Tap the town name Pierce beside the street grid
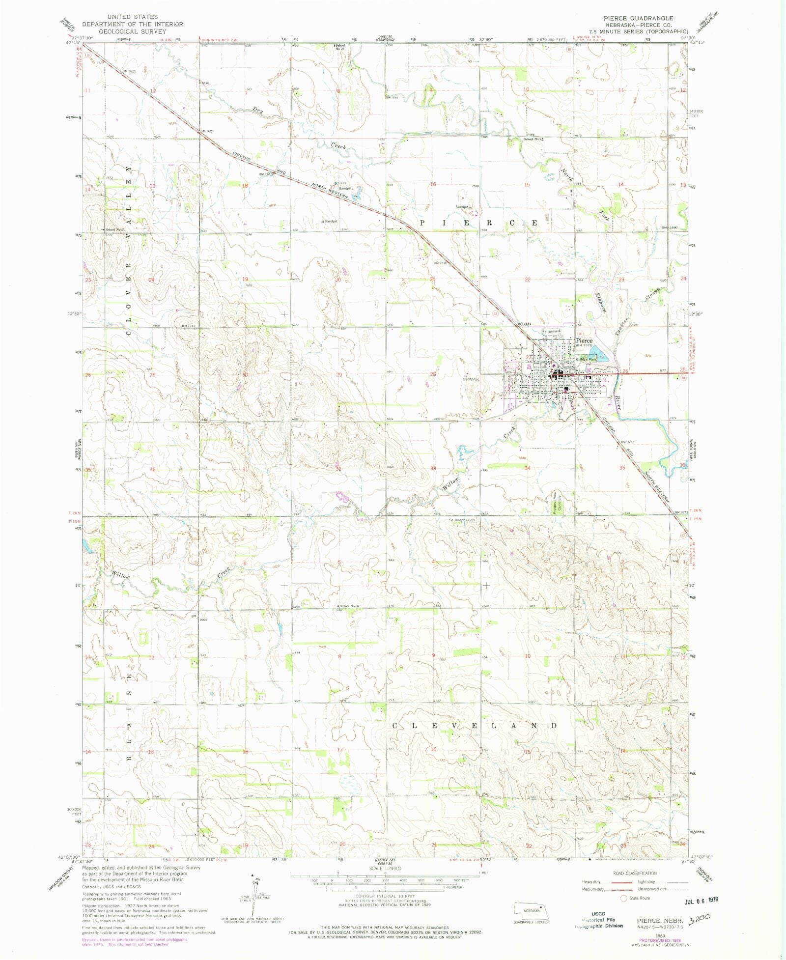(584, 340)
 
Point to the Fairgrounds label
(551, 331)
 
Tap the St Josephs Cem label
(462, 520)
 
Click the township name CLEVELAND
(475, 725)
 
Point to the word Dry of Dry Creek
(258, 111)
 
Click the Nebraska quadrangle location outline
(531, 910)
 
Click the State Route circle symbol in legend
(624, 898)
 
